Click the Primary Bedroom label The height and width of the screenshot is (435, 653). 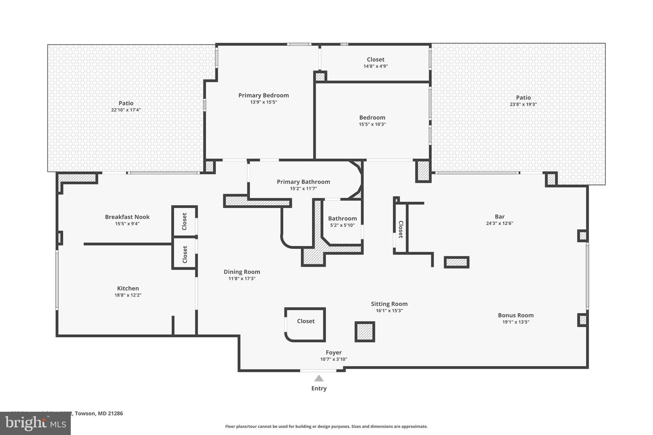[263, 95]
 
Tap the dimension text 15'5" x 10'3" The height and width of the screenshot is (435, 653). [372, 124]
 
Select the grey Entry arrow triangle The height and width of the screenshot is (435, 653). [319, 379]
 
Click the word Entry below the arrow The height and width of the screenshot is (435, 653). [319, 388]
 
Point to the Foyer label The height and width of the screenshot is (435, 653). [334, 352]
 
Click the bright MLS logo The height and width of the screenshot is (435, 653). [35, 423]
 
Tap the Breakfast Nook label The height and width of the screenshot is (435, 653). [127, 217]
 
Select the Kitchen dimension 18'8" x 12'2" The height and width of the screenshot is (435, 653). [128, 295]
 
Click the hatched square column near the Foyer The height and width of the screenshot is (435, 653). [365, 332]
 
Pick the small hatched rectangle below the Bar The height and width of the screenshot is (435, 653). [456, 262]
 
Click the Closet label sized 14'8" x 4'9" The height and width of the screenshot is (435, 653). [376, 60]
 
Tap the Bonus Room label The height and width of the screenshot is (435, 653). [516, 315]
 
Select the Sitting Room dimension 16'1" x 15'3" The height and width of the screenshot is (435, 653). [389, 311]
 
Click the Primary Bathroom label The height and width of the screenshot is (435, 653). [303, 182]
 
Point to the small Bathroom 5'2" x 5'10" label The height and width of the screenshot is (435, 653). [342, 219]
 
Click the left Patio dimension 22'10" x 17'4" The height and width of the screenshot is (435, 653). [126, 110]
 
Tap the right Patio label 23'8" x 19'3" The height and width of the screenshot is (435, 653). [523, 98]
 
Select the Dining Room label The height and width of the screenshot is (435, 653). [242, 272]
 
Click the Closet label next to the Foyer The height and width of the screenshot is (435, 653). [306, 321]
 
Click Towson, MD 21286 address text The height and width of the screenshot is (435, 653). [99, 413]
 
